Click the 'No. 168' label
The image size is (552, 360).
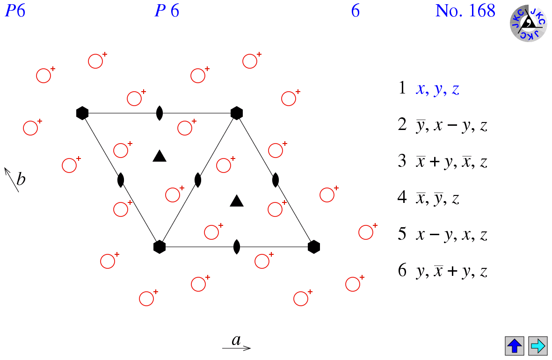click(465, 11)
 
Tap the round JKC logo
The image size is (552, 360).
click(529, 23)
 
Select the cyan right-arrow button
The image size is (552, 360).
click(538, 346)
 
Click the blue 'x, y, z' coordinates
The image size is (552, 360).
click(437, 89)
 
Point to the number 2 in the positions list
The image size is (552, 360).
click(402, 124)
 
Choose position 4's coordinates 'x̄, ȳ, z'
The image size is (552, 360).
click(437, 198)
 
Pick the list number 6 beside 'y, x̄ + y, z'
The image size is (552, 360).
click(402, 270)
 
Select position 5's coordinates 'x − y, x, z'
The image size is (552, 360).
click(452, 235)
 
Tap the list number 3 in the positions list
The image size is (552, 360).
click(402, 161)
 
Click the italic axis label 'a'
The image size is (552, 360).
click(236, 340)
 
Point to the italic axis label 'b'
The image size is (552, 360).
click(21, 179)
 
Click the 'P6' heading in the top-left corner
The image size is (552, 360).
click(15, 11)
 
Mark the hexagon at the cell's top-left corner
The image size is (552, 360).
click(82, 113)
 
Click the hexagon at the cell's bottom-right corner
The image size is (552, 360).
click(314, 247)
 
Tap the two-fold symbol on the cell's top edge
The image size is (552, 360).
click(160, 113)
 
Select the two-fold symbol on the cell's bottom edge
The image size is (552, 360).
click(237, 247)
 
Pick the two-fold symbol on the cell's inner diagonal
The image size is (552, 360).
click(198, 180)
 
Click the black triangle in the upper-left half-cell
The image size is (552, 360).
click(160, 156)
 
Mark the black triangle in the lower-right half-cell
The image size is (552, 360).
click(237, 201)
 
